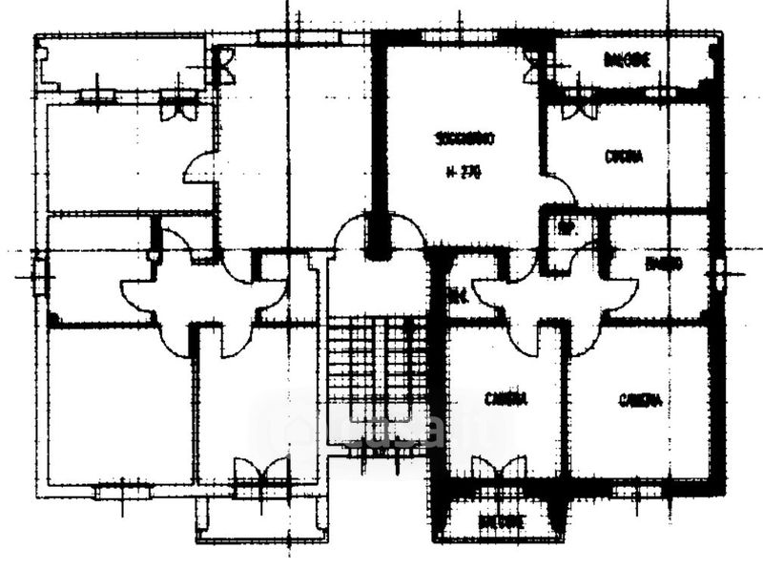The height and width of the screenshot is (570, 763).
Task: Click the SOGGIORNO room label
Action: point(464,139)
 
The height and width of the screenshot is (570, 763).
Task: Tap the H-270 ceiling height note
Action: point(464,172)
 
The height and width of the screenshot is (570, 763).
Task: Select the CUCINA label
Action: point(624,158)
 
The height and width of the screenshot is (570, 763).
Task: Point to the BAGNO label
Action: point(662,263)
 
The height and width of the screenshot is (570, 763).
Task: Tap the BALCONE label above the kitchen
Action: point(628,60)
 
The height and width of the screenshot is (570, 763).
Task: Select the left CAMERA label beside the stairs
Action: point(505,399)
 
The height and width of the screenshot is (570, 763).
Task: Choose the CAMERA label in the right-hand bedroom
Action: point(639,400)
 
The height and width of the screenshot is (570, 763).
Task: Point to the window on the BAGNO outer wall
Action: point(720,272)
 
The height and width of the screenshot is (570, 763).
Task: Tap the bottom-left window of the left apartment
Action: point(122,492)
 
